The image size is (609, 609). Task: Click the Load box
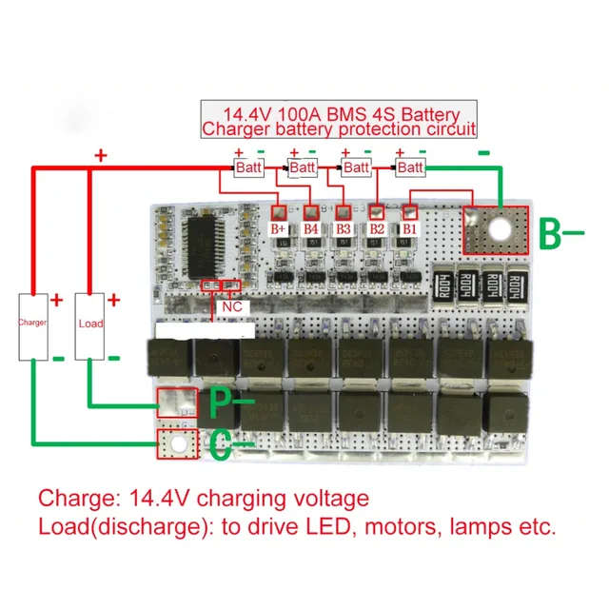pos(90,324)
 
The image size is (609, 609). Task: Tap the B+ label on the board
pos(279,229)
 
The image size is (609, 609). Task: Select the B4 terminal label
pos(311,229)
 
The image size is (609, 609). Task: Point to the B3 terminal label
pos(344,229)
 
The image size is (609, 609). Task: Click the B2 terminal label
pos(377,229)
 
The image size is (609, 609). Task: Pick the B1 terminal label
pos(409,229)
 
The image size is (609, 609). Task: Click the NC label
pos(231,306)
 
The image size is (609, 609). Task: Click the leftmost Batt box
pos(248,167)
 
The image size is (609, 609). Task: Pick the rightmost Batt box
pos(410,167)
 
